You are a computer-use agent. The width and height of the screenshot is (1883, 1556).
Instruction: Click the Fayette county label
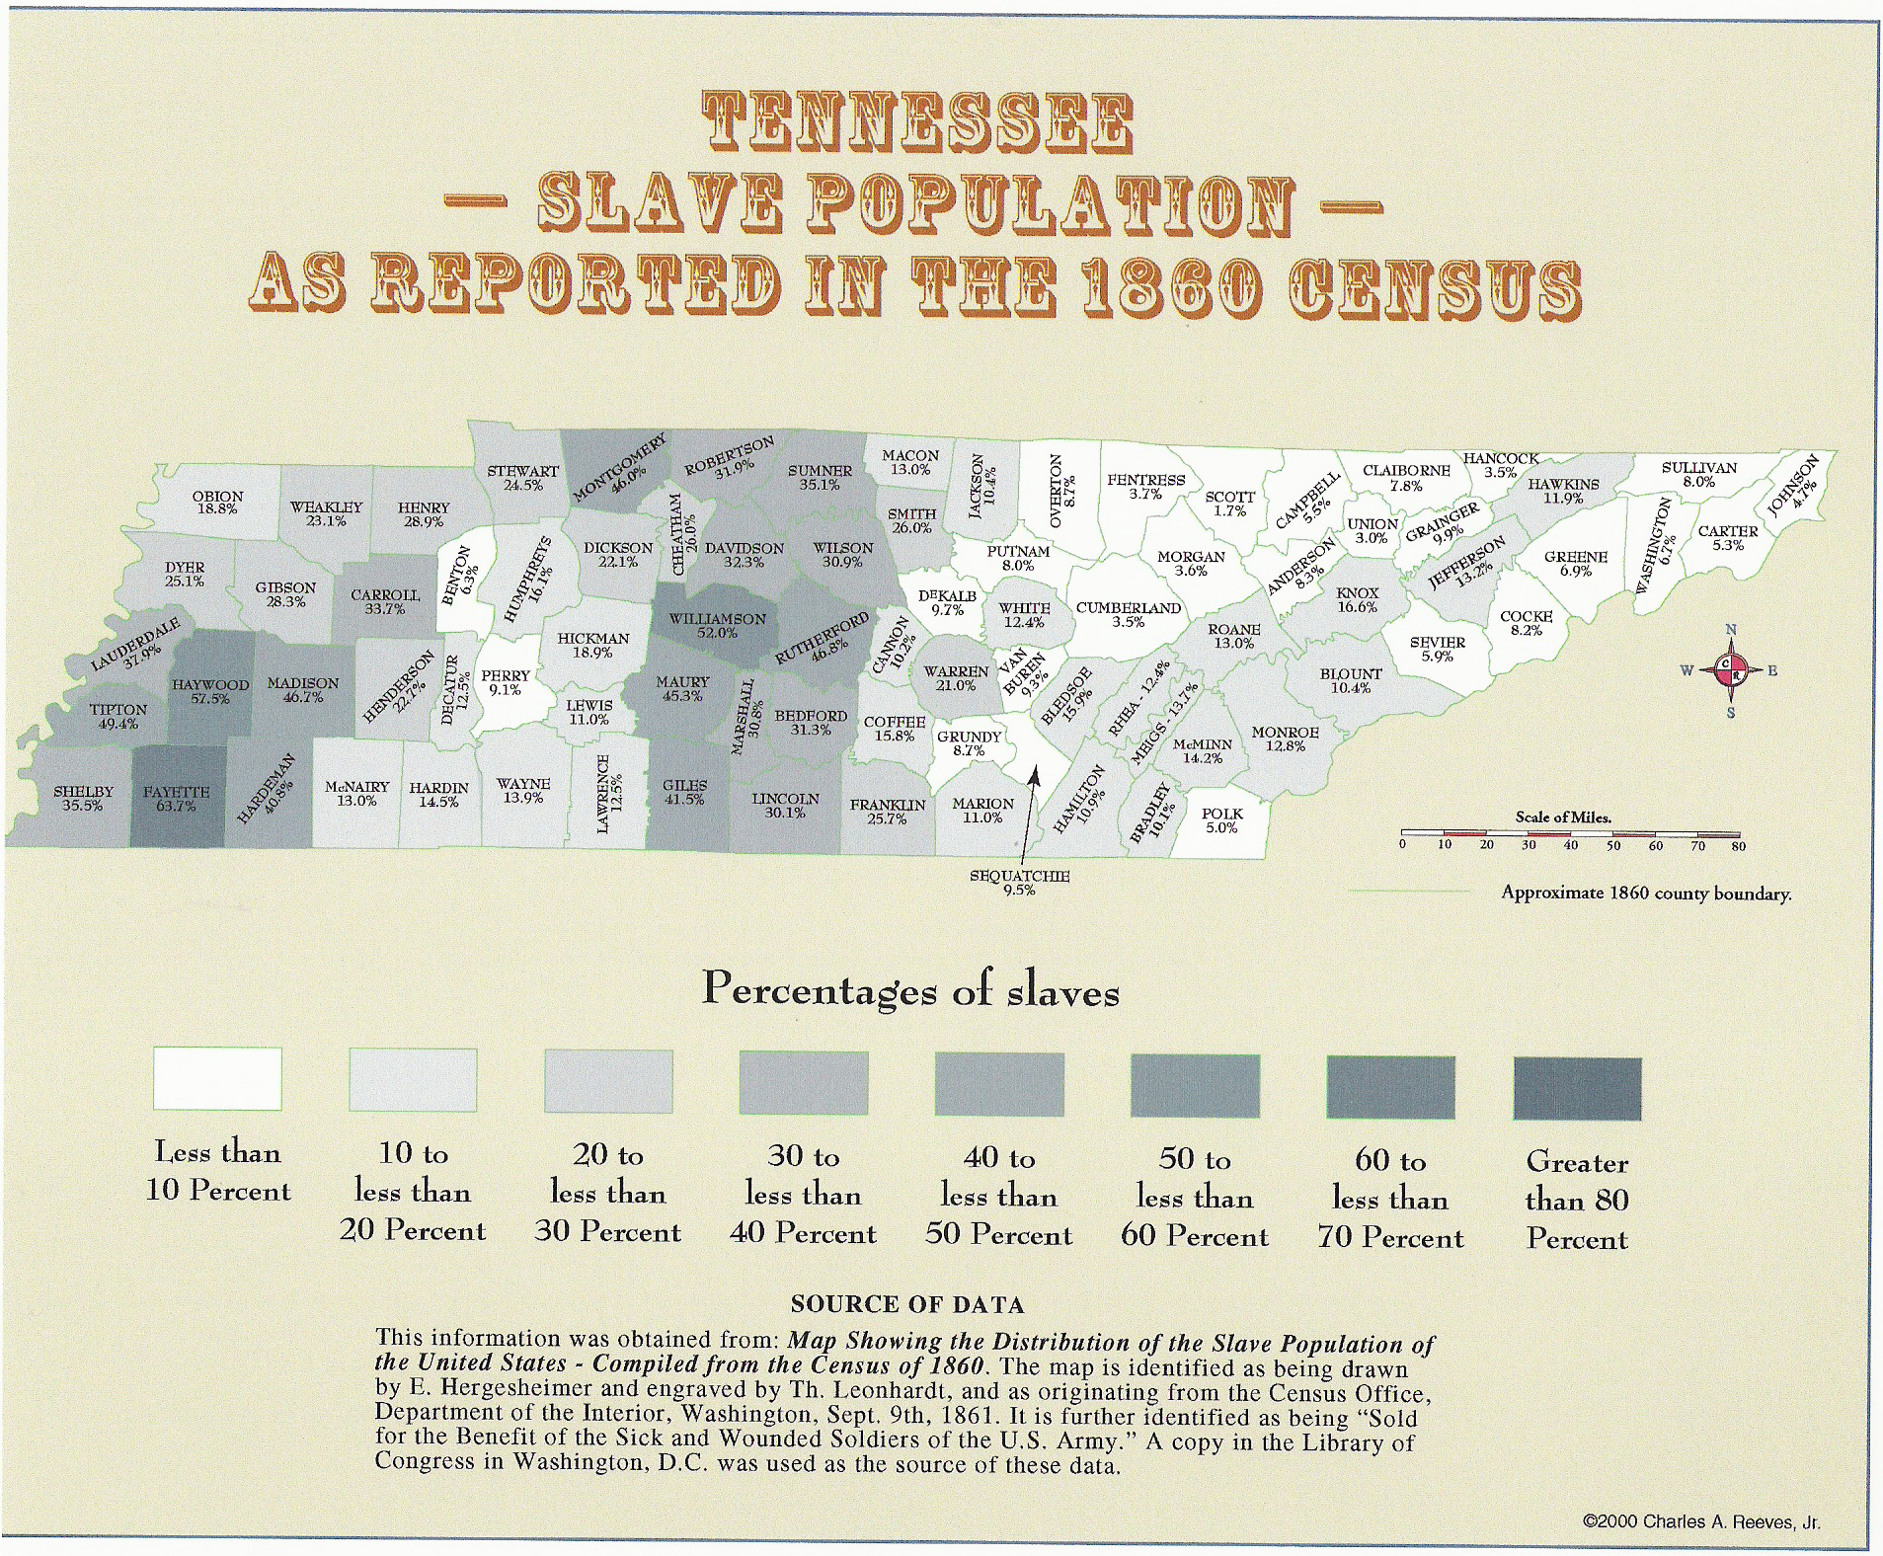coord(176,799)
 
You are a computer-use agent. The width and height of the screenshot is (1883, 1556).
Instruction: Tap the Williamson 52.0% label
coord(717,626)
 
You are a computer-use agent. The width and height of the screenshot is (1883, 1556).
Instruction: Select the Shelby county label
coord(83,799)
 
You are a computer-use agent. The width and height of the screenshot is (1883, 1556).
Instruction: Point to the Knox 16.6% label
coord(1357,600)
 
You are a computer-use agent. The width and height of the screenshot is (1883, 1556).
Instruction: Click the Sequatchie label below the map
coord(1019,883)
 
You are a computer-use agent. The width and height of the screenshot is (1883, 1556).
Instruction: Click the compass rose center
coord(1730,670)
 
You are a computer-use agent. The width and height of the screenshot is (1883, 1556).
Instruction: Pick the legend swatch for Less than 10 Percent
coord(217,1079)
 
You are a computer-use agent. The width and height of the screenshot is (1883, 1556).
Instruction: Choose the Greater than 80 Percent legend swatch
coord(1577,1088)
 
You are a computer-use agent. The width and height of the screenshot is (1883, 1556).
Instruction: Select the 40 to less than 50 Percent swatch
coord(999,1084)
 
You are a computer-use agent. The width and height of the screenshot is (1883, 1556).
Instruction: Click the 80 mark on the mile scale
coord(1738,846)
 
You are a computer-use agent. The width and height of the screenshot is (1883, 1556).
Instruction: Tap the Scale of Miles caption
coord(1563,817)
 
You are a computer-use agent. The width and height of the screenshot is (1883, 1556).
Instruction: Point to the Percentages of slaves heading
coord(910,989)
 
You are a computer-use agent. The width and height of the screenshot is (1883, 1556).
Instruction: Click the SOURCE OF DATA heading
coord(907,1304)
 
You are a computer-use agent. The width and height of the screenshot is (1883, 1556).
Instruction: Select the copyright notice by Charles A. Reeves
coord(1700,1521)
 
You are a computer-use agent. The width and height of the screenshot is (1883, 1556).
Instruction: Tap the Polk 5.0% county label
coord(1221,820)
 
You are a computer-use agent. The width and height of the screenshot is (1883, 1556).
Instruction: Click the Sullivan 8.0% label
coord(1698,475)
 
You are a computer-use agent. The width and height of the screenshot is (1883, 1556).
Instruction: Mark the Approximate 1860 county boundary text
coord(1646,893)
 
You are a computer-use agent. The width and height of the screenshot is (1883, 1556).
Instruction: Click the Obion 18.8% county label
coord(217,503)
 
